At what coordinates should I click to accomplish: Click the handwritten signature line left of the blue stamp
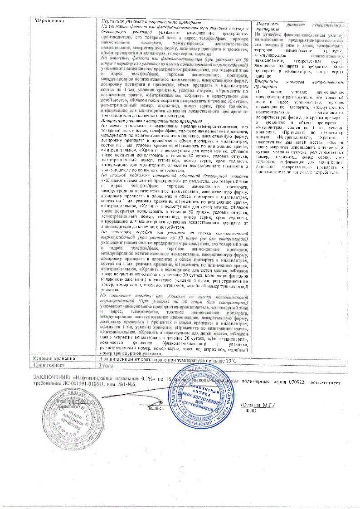(x=150, y=401)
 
